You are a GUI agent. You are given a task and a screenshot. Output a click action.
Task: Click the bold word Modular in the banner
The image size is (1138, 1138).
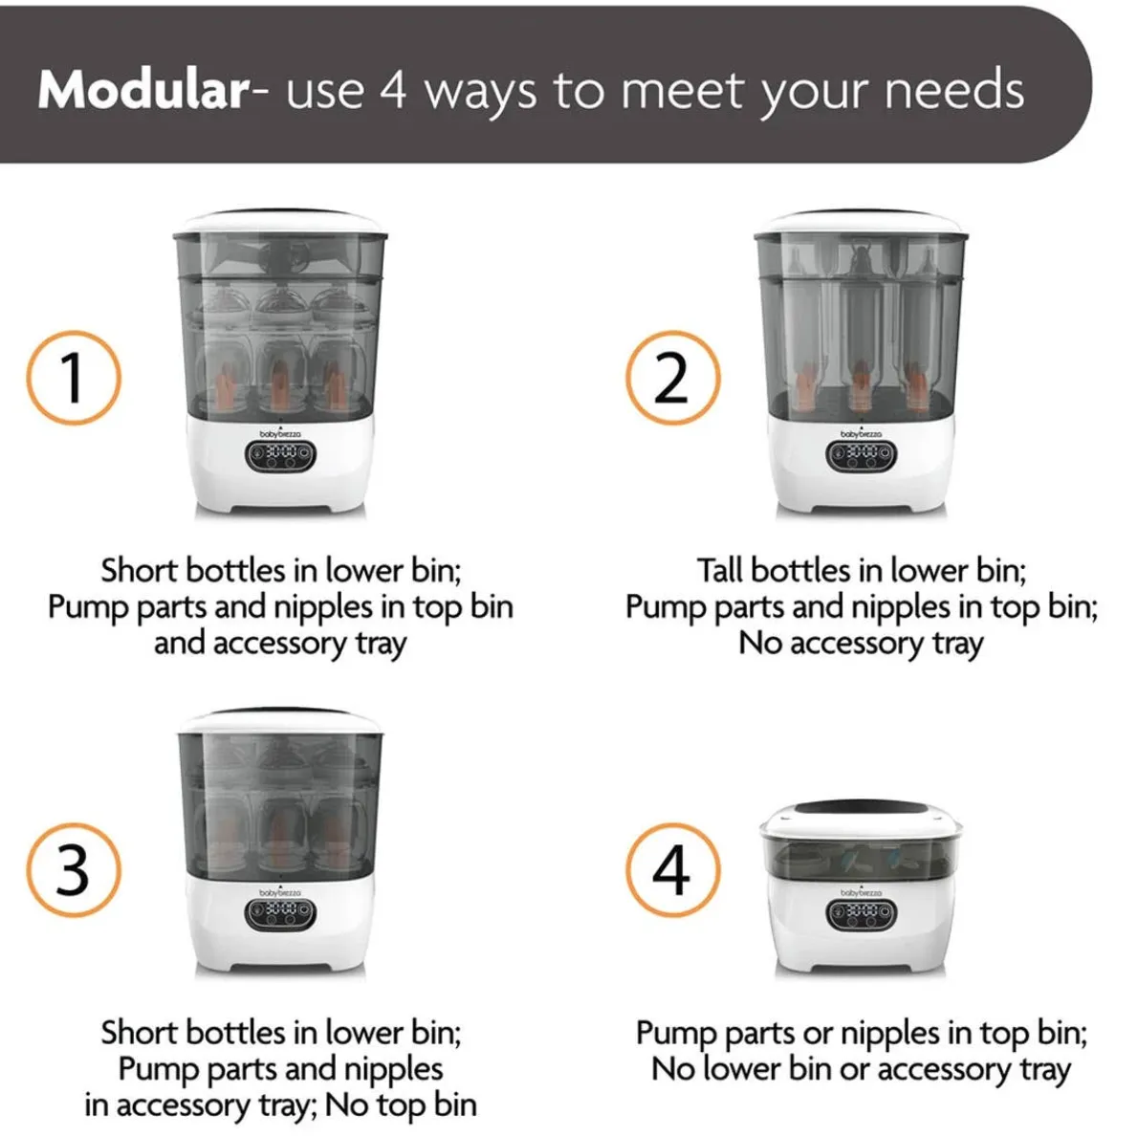point(143,90)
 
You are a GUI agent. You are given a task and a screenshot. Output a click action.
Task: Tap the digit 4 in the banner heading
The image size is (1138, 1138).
point(393,90)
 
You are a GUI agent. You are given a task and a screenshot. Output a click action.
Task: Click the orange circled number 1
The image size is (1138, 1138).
point(74,378)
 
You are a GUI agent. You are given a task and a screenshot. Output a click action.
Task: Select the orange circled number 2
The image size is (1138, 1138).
point(673,378)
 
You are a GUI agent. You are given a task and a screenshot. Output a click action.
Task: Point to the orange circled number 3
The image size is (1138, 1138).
point(74,869)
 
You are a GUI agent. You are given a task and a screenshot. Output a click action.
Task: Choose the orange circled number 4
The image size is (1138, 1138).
point(673,869)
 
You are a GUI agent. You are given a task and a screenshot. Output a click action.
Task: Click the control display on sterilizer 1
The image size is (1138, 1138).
point(280,455)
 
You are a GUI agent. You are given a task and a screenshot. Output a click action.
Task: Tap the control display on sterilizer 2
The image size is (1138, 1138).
point(862,455)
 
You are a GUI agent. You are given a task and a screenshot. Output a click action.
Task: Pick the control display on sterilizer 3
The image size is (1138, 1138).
point(280,914)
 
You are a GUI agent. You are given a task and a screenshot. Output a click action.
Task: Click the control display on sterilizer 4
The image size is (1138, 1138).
point(862,914)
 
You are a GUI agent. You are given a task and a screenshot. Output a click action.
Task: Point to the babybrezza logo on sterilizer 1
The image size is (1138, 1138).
point(280,433)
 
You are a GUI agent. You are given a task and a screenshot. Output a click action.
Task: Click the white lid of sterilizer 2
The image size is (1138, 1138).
point(861,224)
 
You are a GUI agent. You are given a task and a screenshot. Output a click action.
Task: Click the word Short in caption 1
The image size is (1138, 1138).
point(139,571)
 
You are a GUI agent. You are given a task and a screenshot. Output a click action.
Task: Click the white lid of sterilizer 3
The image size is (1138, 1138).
point(280,722)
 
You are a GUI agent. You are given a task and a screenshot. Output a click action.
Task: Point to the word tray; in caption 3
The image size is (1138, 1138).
point(288,1106)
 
